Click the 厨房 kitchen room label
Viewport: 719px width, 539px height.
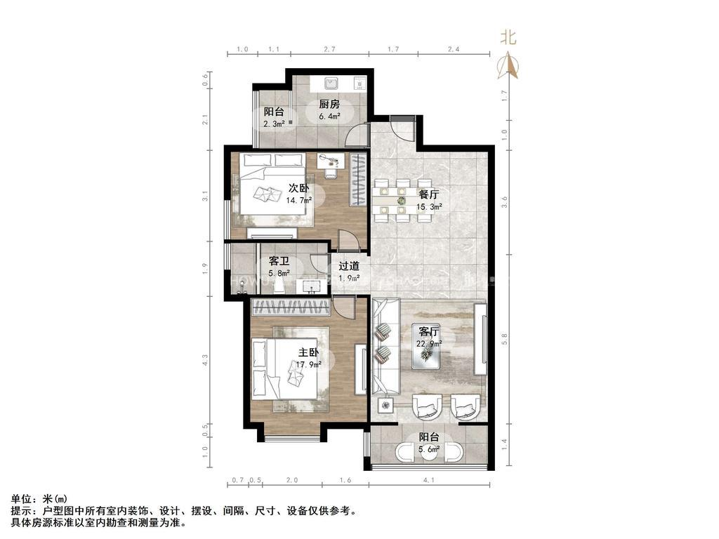pos(329,104)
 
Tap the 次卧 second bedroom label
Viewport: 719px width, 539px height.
pos(298,188)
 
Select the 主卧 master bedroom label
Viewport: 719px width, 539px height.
pos(308,352)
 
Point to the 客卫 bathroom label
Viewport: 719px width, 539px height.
pos(279,261)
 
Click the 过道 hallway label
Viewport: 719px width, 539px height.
pos(348,266)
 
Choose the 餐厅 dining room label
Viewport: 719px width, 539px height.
pos(429,194)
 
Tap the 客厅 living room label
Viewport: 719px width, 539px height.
pos(429,331)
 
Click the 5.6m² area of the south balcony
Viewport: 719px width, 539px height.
pos(429,449)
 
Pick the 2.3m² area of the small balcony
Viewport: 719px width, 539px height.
pos(274,124)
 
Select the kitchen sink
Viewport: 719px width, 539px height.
pos(331,84)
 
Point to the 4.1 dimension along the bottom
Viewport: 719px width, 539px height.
pos(428,480)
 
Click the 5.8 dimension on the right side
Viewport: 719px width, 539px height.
pos(504,339)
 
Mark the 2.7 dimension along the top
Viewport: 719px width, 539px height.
pos(329,49)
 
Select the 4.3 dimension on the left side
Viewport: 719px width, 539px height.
pos(205,359)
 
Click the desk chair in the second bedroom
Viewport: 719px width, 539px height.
pos(331,173)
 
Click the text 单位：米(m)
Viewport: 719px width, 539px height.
pos(39,499)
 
